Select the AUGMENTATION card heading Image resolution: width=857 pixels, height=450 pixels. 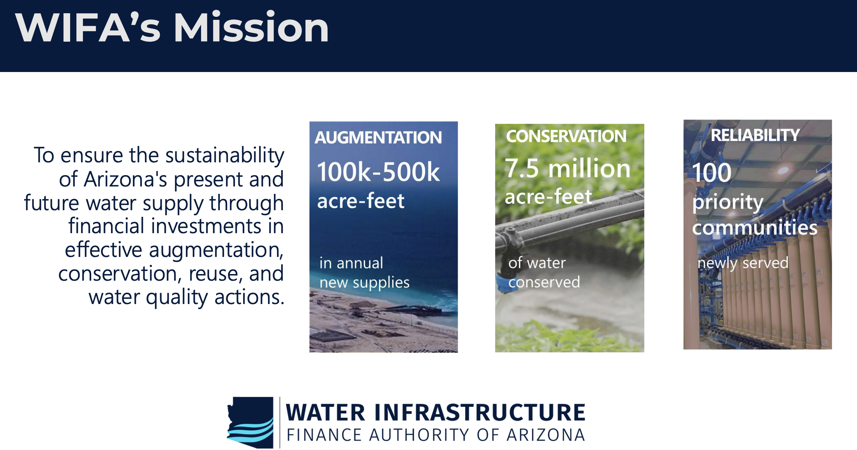click(378, 137)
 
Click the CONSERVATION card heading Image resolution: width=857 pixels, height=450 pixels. click(566, 136)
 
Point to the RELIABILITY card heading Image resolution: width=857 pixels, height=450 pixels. click(755, 135)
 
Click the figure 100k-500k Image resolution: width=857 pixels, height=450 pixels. click(378, 172)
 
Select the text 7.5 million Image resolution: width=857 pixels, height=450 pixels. click(568, 169)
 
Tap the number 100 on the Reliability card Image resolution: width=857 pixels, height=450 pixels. click(712, 172)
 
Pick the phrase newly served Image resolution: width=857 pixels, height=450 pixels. click(743, 263)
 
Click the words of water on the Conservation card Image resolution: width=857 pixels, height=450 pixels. click(537, 263)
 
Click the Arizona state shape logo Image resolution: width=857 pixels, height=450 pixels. click(250, 422)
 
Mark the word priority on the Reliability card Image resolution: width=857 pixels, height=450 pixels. click(728, 202)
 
